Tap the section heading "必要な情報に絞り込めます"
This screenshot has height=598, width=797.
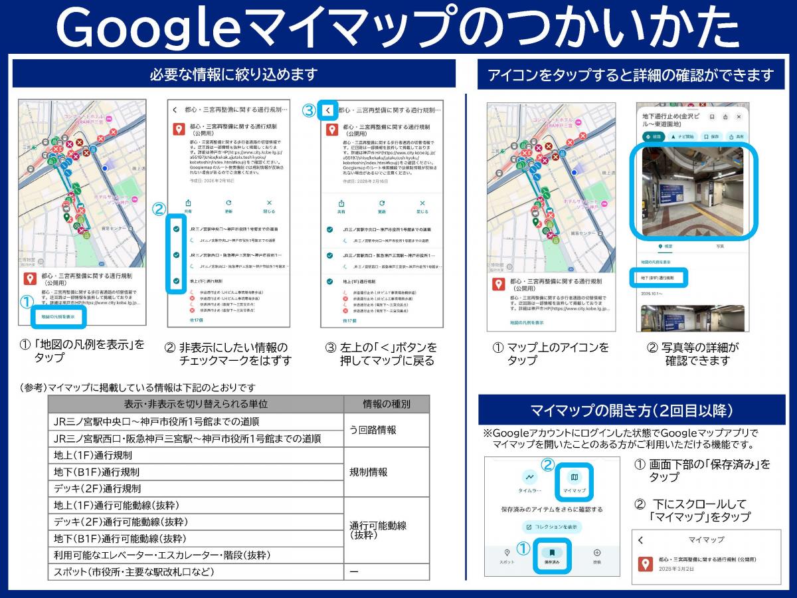[234, 74]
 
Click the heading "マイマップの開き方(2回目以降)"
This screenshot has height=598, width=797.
[631, 410]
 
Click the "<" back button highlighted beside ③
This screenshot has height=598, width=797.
[328, 110]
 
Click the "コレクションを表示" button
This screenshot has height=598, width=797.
[552, 527]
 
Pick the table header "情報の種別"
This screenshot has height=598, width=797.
[387, 404]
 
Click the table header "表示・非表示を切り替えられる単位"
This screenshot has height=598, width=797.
[196, 404]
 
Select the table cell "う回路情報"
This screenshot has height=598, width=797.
[373, 430]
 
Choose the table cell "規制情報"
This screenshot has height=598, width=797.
[369, 472]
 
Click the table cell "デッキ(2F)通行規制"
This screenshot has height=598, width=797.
[97, 488]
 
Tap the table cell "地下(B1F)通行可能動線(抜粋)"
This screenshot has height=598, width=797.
[120, 538]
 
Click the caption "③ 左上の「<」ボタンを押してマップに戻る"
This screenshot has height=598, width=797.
[381, 353]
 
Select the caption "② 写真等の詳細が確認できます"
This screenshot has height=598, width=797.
[693, 353]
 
